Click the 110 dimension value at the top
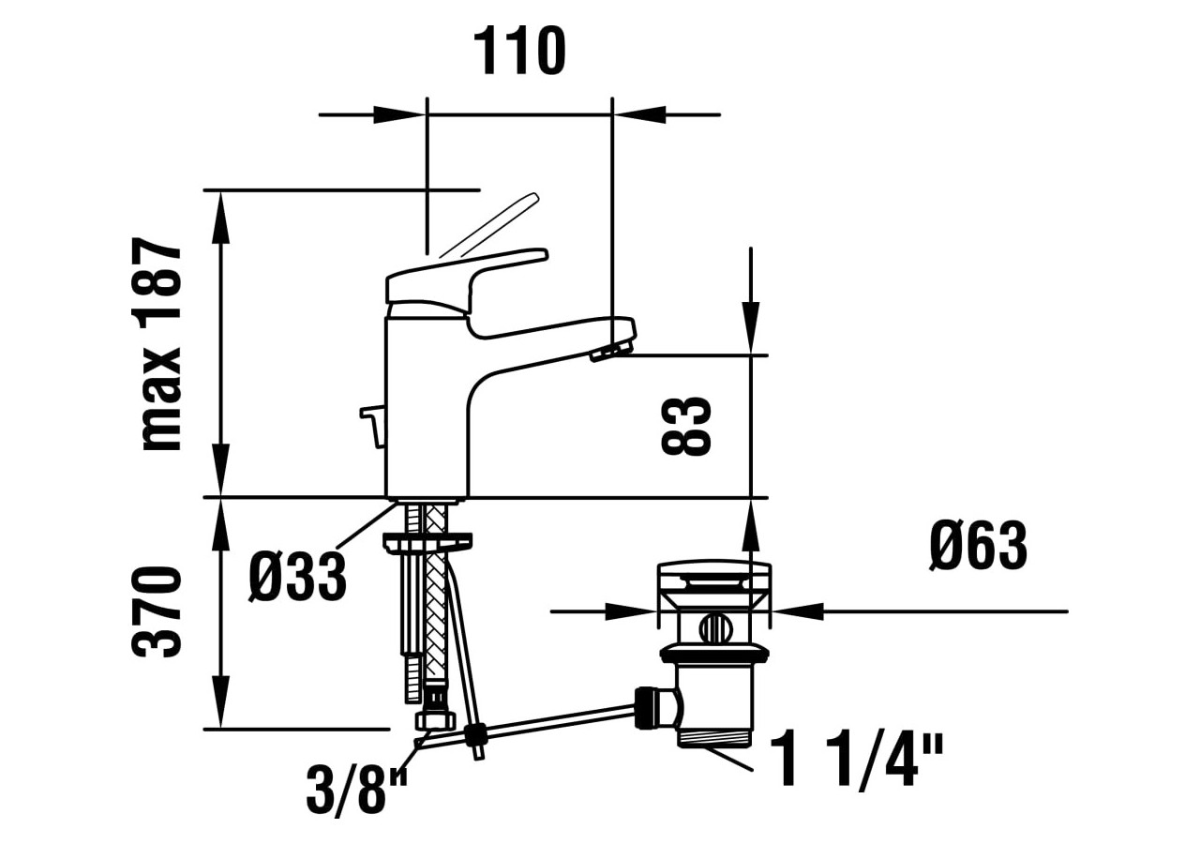(x=519, y=52)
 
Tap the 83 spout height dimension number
(x=686, y=426)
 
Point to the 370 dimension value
(x=157, y=611)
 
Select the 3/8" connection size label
(x=357, y=791)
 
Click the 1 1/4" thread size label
(x=857, y=761)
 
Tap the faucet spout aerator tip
(x=610, y=352)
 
